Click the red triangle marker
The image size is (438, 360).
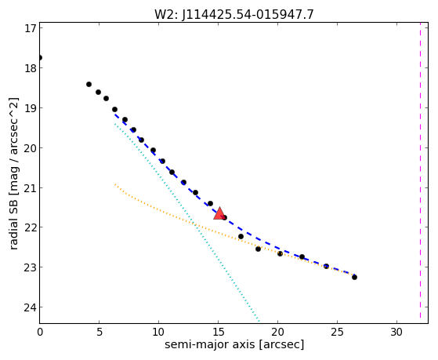(219, 213)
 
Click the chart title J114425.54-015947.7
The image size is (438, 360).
(248, 14)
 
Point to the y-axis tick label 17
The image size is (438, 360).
(31, 28)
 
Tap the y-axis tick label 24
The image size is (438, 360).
(31, 307)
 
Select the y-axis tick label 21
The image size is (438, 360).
(31, 187)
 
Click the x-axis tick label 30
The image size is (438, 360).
(396, 333)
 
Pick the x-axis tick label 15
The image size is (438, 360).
(218, 333)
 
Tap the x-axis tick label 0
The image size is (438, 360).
(40, 333)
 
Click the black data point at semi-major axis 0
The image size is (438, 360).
(40, 57)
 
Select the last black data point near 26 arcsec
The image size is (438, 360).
(354, 277)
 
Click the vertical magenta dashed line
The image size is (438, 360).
(420, 173)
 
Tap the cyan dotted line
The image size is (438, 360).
(187, 222)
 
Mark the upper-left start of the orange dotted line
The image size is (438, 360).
(115, 184)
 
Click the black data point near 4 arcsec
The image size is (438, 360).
(89, 84)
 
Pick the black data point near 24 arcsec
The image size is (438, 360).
(326, 266)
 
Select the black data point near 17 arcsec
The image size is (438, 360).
(241, 236)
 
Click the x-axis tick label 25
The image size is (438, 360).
(337, 333)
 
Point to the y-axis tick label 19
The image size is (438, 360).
(31, 107)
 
